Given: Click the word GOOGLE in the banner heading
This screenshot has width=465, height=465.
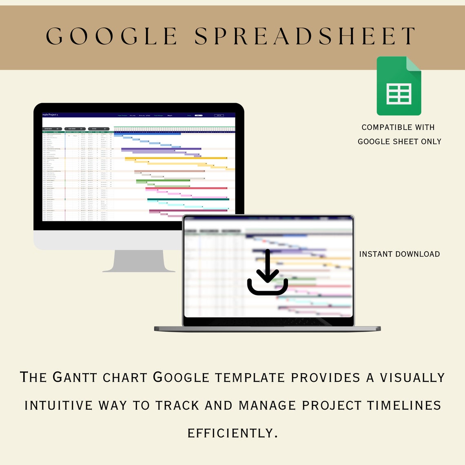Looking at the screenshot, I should click(112, 36).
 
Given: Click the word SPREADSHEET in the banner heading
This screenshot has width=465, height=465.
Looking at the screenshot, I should click(305, 36).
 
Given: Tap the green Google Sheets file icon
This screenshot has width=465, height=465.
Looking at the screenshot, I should click(399, 86).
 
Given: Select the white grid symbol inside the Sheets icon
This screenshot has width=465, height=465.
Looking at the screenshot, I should click(399, 94).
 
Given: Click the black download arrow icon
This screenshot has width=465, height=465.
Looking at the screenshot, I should click(268, 272).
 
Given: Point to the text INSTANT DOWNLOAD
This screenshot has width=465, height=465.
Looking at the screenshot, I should click(399, 254).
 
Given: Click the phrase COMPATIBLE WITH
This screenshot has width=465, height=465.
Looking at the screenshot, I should click(398, 127).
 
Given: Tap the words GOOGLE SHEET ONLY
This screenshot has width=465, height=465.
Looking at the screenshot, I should click(399, 142).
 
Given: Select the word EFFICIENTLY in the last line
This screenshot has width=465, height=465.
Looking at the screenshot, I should click(232, 433).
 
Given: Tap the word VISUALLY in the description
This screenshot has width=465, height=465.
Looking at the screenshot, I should click(412, 377).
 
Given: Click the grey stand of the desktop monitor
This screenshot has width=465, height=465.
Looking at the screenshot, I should click(139, 261).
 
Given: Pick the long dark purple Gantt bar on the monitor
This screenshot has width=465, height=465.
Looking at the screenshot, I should click(161, 149).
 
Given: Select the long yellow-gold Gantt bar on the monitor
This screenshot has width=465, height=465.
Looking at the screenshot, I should click(175, 158).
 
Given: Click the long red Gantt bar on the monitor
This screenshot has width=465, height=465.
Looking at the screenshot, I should click(186, 188).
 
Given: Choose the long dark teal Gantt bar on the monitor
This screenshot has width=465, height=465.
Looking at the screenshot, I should click(188, 199).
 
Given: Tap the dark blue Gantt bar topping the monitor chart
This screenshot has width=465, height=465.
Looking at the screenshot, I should click(147, 134).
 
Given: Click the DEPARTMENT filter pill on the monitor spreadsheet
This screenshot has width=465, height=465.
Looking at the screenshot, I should click(53, 129).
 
